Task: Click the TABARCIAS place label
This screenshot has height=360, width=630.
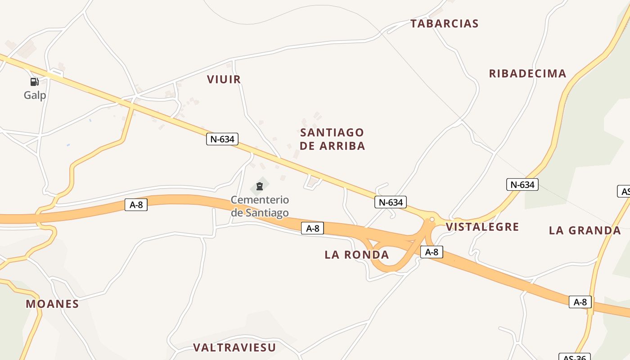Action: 444,24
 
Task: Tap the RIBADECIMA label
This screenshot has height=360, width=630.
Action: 527,74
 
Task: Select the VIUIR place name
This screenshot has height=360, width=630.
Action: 224,80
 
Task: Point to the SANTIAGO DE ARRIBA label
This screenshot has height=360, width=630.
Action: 332,139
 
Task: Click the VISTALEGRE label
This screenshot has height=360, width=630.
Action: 482,227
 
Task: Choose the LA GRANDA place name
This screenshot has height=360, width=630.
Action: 585,231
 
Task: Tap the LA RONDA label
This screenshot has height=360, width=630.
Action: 356,255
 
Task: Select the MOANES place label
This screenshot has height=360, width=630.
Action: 52,304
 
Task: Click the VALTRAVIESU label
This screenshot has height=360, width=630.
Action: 234,347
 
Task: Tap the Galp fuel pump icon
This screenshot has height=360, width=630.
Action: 34,82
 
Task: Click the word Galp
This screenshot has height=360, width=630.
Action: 35,95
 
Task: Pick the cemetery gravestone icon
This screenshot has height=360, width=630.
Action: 259,186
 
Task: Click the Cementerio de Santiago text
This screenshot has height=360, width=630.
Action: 260,206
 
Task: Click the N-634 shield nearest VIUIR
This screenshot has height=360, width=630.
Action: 222,139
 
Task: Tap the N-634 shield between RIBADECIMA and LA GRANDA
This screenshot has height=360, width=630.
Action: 522,184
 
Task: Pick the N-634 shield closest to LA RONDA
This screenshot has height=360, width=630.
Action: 390,202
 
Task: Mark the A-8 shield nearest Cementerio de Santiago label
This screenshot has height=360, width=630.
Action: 312,229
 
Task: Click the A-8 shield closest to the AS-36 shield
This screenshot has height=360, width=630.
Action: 580,302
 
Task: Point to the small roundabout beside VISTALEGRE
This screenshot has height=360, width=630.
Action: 432,220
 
